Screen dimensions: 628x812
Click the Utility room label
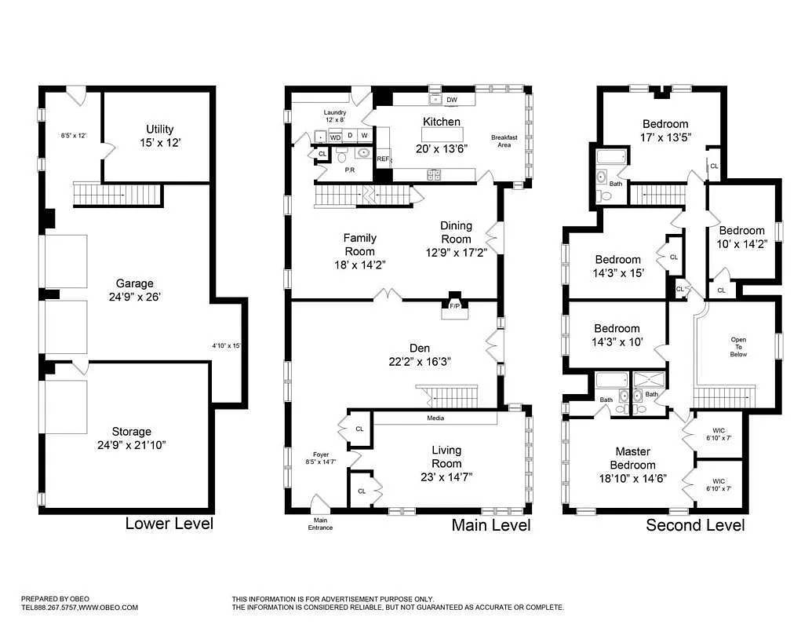[159, 136]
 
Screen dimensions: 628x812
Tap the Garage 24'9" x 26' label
[135, 290]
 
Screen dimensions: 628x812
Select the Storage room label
[131, 438]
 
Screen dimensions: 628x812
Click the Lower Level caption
[169, 524]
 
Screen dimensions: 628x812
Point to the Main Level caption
[490, 525]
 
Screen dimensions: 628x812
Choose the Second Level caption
[695, 525]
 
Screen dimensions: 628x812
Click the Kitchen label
[442, 122]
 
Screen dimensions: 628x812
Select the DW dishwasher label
[451, 100]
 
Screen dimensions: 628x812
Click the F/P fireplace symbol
[454, 306]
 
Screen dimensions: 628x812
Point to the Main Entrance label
[319, 524]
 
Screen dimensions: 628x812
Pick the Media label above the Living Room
[435, 418]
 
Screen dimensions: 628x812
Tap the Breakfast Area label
[504, 141]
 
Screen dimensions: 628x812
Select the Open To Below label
[738, 347]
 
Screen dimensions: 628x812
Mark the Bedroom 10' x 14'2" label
[741, 236]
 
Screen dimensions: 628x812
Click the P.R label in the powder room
[349, 169]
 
